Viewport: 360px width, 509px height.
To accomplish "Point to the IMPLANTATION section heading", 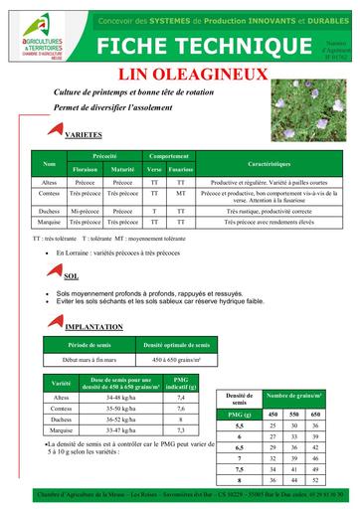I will [93, 326].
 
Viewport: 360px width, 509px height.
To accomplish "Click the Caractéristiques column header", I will [269, 162].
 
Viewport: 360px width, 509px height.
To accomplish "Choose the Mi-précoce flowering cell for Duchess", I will [86, 211].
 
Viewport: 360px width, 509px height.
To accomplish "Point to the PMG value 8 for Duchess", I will [181, 419].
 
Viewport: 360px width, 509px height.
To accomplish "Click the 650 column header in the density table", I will [315, 413].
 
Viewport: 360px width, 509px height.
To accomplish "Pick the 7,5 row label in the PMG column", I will [239, 467].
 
